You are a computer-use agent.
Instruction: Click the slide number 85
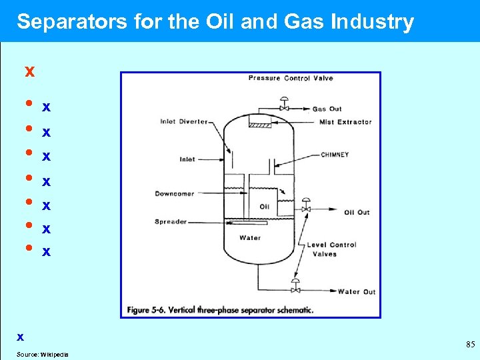coord(470,345)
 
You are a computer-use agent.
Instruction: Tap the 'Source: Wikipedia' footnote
coord(42,354)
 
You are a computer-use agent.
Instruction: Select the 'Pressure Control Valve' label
coord(291,79)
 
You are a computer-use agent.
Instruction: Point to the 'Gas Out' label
coord(327,109)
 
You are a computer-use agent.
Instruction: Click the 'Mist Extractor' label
coord(345,122)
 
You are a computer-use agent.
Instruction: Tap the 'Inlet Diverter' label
coord(184,122)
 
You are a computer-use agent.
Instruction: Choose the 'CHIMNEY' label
coord(335,155)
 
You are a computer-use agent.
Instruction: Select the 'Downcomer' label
coord(175,194)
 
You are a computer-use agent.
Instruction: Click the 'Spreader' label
coord(171,222)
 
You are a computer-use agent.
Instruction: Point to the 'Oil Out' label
coord(357,213)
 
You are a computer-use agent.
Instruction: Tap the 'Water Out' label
coord(357,291)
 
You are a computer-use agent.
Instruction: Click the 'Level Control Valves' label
coord(331,249)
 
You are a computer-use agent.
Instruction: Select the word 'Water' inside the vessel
coord(250,237)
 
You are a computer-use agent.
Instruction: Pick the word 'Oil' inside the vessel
coord(264,207)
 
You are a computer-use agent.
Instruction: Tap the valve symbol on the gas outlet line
coord(284,106)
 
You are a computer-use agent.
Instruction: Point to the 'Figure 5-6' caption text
coord(219,310)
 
